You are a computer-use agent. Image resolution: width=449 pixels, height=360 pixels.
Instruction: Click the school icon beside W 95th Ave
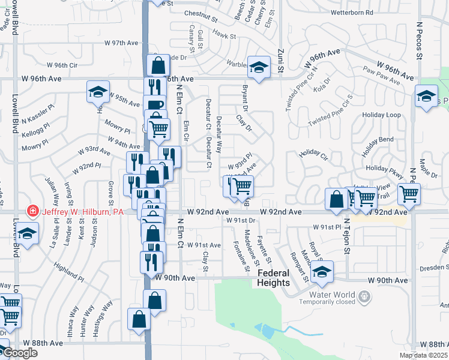click(97, 92)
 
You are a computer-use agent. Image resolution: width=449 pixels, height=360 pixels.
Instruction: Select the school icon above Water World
click(322, 273)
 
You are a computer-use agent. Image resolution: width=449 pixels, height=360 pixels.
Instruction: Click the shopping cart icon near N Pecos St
click(409, 194)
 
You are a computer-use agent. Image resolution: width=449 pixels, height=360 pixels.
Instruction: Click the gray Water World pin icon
click(363, 295)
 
